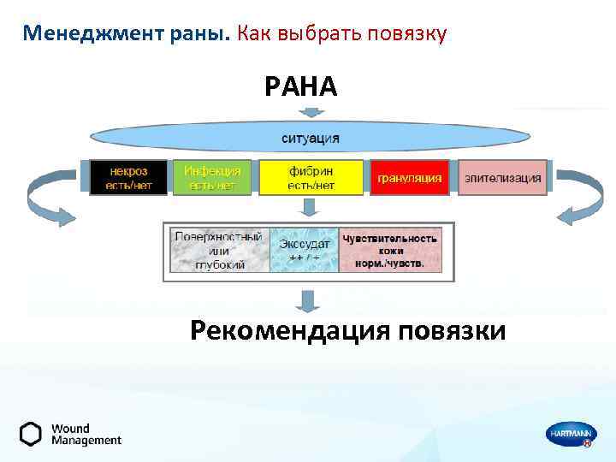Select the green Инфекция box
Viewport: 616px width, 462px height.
[212, 178]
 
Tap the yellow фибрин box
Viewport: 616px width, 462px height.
[311, 178]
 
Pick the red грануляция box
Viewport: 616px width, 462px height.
[409, 178]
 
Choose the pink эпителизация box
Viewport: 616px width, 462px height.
[502, 178]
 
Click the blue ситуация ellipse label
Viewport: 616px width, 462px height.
[311, 138]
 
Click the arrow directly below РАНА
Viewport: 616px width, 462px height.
[311, 111]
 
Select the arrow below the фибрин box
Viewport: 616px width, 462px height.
[311, 207]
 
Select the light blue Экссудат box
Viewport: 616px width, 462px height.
[304, 250]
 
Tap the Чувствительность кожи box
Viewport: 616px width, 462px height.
[389, 250]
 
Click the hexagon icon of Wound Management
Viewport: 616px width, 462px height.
[31, 434]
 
